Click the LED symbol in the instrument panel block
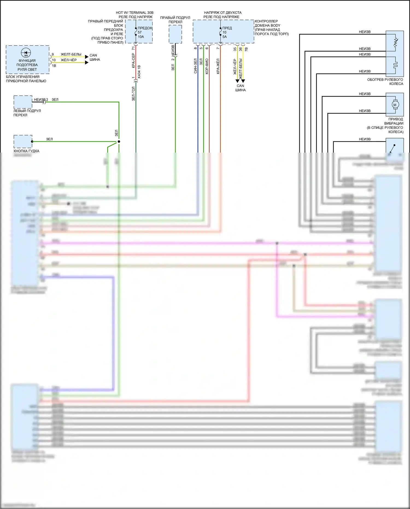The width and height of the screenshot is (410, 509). click(x=26, y=53)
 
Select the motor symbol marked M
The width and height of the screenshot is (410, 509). click(x=395, y=105)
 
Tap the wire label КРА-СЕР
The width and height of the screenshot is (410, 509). click(x=133, y=61)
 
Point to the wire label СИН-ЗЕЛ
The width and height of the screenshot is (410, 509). click(x=195, y=66)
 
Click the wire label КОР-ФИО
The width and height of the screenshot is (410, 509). click(x=207, y=66)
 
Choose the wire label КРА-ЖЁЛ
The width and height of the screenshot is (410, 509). click(x=218, y=66)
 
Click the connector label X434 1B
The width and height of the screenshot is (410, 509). click(x=139, y=72)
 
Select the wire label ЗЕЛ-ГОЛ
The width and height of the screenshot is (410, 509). click(x=133, y=94)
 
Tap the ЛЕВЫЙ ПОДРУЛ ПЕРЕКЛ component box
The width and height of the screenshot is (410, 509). click(x=23, y=102)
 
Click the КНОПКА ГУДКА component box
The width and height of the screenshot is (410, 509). click(x=23, y=142)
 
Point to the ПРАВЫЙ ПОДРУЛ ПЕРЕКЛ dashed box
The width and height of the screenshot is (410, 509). click(x=175, y=34)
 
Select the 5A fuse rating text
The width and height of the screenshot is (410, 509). click(x=224, y=37)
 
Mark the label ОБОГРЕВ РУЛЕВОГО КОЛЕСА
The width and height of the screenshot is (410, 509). click(x=385, y=82)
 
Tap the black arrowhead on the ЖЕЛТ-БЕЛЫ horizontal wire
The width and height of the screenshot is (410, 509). click(x=87, y=57)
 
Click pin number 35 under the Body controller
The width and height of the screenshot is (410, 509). click(x=235, y=49)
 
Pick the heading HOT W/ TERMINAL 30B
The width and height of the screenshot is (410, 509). click(x=134, y=13)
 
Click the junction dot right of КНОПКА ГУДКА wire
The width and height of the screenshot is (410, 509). click(x=119, y=142)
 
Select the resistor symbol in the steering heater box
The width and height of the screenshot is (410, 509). click(x=395, y=42)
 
